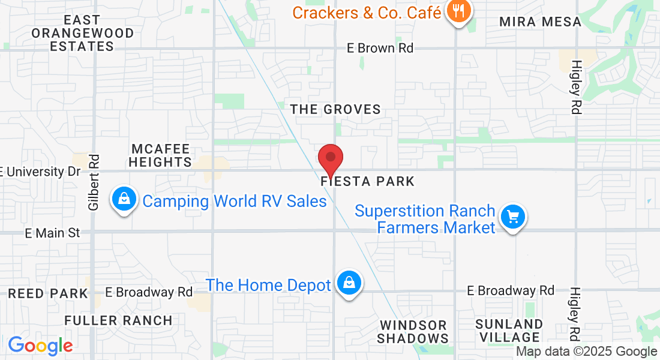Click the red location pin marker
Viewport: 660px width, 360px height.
pyautogui.click(x=330, y=159)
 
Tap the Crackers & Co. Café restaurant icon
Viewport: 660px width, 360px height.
pyautogui.click(x=458, y=11)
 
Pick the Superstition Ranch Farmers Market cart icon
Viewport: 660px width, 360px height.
pyautogui.click(x=513, y=217)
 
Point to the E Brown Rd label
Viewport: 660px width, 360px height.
pyautogui.click(x=380, y=48)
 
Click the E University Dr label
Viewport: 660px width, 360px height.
pyautogui.click(x=40, y=172)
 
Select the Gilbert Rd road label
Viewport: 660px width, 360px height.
pyautogui.click(x=94, y=182)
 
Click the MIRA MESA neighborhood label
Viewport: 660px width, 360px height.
pyautogui.click(x=541, y=22)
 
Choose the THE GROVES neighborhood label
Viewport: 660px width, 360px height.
pyautogui.click(x=335, y=109)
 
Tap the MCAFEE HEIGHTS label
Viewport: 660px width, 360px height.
pyautogui.click(x=161, y=155)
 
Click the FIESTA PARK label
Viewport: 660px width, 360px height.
pyautogui.click(x=368, y=181)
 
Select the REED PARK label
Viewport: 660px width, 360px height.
pyautogui.click(x=48, y=294)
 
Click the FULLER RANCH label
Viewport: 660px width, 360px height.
pyautogui.click(x=118, y=320)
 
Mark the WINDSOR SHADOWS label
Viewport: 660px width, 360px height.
pyautogui.click(x=413, y=332)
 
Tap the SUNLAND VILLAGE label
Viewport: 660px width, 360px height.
pyautogui.click(x=509, y=331)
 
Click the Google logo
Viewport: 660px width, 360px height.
pyautogui.click(x=40, y=346)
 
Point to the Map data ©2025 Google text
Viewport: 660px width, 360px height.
pyautogui.click(x=587, y=352)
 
